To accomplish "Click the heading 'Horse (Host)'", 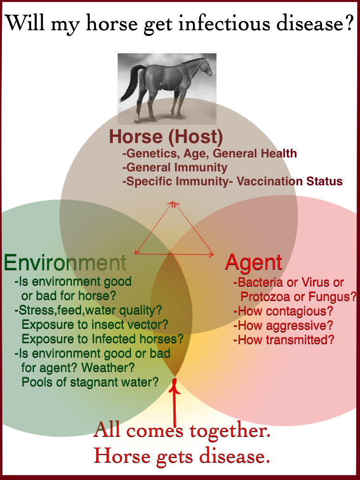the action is click(166, 136).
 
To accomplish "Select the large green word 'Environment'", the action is click(65, 263).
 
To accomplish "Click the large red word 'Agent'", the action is click(253, 263).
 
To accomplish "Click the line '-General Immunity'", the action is click(175, 168).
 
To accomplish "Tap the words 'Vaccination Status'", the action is click(289, 181).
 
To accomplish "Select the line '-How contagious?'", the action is click(283, 311).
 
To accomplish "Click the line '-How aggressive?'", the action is click(283, 325).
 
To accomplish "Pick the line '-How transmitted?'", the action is click(284, 340).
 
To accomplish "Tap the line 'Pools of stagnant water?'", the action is click(90, 382).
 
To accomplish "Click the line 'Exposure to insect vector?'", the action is click(95, 324).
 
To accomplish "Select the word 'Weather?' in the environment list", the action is click(108, 367).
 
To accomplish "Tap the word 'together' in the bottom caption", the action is click(229, 432).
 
